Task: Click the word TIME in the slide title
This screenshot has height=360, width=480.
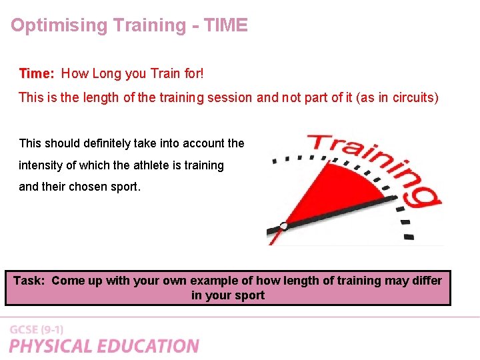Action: pos(225,25)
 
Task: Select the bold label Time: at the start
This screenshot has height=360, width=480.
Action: pos(37,73)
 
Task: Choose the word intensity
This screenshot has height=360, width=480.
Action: pos(42,165)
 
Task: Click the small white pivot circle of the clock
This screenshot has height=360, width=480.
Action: pos(284,226)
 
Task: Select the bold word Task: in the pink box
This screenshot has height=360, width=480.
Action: pos(29,281)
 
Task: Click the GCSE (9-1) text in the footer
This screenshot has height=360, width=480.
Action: pos(37,330)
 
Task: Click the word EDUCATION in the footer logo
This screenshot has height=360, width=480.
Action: pos(149,346)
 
